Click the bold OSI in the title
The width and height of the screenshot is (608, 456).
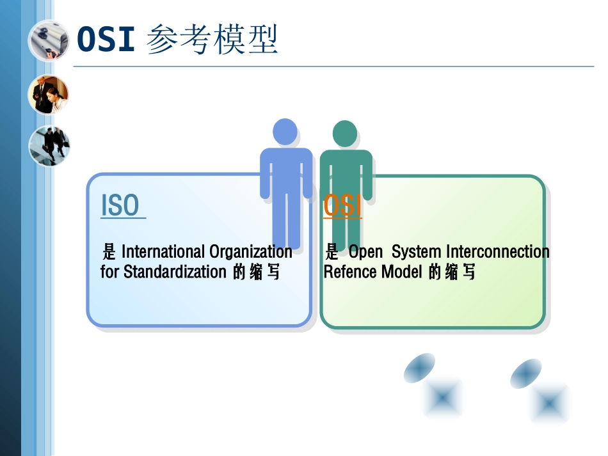point(106,40)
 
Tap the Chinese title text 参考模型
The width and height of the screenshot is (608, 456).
point(212,40)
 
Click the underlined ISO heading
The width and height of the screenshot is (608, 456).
point(120,205)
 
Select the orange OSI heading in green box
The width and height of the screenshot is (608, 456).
point(342,206)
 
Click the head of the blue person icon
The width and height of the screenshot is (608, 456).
point(285,132)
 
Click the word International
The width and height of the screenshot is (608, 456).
point(163,251)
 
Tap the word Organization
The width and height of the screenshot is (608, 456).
point(251,251)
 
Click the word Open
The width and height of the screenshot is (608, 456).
point(365,251)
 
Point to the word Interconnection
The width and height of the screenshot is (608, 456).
point(497,251)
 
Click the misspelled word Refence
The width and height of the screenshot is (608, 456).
point(351,272)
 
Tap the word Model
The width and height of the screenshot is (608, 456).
point(401,272)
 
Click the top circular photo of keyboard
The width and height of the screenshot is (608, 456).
point(49,40)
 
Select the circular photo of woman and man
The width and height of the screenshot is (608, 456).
point(49,95)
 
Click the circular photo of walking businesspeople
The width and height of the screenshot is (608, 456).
point(49,145)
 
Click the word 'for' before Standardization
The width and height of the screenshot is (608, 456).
point(109,272)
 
